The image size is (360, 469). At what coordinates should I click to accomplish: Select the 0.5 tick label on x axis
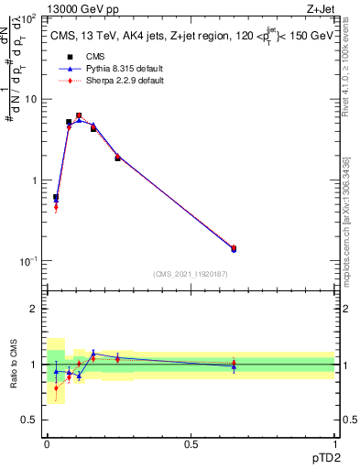(x=191, y=444)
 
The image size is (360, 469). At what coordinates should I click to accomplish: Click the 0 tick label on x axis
(x=47, y=444)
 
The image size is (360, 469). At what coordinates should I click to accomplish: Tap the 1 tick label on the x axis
(x=334, y=444)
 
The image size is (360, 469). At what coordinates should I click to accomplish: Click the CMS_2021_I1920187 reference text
(x=191, y=274)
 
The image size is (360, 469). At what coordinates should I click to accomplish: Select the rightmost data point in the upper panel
(x=233, y=248)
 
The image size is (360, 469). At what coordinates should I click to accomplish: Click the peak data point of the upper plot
(x=79, y=116)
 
